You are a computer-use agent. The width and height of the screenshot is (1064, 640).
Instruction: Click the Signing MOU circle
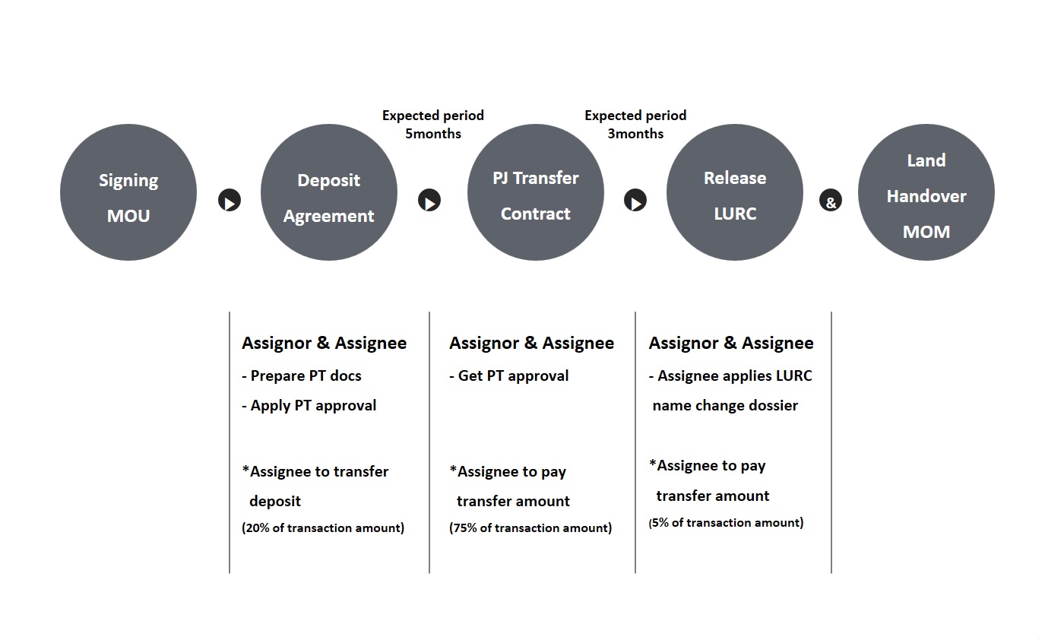point(128,192)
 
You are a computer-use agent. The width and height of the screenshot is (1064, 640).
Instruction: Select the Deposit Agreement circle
point(328,192)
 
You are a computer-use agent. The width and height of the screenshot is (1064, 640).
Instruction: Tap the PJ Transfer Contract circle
point(535,192)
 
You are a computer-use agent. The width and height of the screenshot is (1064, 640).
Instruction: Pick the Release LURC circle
point(734,192)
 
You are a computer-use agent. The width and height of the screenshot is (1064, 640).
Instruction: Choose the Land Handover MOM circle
point(926,192)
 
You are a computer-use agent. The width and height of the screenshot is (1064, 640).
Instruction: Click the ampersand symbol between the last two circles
point(830,200)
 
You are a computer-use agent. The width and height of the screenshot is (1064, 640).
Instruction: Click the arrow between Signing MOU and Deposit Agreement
point(230,200)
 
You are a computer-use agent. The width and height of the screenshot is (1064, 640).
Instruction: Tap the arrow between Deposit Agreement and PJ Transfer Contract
point(429,200)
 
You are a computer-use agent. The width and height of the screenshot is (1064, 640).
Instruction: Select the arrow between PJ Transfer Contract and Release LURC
point(635,200)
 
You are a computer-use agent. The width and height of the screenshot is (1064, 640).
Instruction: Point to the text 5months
point(432,134)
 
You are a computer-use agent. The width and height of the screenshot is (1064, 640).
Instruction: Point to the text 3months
point(635,134)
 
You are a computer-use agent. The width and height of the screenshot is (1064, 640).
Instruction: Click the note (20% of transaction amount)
point(323,528)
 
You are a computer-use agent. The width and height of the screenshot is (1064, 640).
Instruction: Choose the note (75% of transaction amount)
point(530,528)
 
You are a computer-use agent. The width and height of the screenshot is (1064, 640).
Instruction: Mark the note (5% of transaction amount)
point(726,523)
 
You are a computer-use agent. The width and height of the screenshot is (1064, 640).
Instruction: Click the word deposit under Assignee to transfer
point(275,501)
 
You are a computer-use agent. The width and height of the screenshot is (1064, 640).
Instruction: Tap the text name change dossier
point(725,405)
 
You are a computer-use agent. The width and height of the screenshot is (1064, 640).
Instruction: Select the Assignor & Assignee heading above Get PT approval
point(531,343)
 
